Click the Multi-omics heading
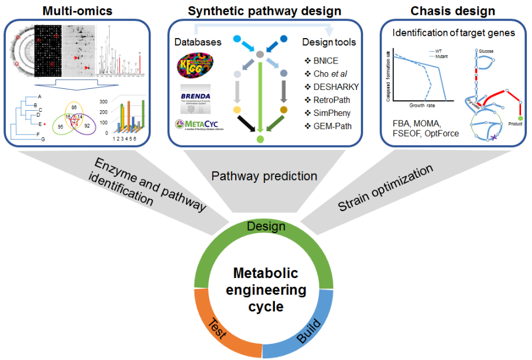[76, 10]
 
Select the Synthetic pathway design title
[265, 10]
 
